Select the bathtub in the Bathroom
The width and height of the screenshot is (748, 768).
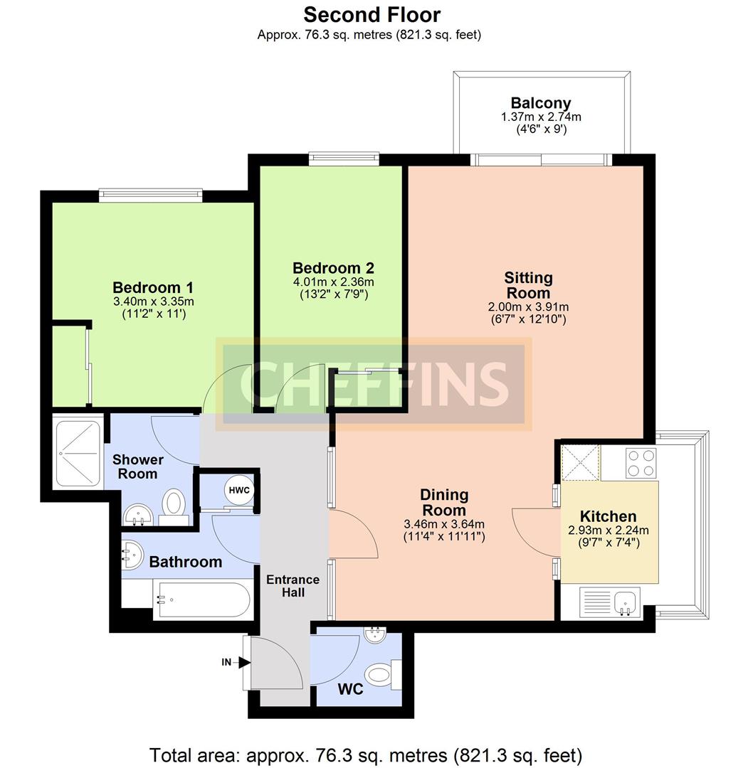202,599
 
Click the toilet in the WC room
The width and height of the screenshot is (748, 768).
381,673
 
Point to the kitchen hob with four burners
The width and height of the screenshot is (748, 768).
641,463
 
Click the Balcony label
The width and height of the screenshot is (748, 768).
540,103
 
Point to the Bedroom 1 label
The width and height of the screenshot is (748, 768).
153,288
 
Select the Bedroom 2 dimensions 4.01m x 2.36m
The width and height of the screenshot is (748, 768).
333,282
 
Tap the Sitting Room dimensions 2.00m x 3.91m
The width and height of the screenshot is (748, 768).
527,306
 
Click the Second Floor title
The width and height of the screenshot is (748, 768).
372,14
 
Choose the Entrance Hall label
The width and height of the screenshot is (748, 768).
293,585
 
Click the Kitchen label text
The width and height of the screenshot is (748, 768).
608,516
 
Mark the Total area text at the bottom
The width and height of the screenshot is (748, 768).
366,754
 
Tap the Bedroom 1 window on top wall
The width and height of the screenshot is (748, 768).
150,193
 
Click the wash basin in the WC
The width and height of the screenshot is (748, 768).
374,635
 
